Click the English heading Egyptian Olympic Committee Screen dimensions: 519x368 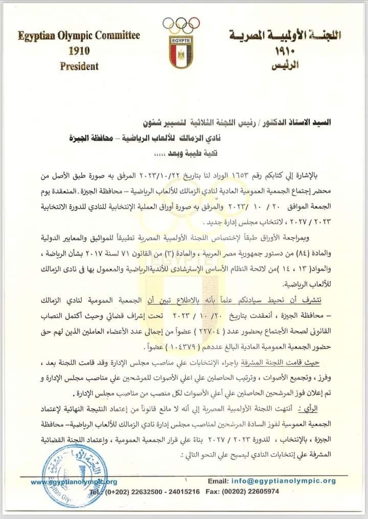pos(79,36)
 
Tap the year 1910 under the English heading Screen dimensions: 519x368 pos(79,51)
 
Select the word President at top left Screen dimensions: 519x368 pos(79,66)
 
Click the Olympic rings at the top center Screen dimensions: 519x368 pos(181,24)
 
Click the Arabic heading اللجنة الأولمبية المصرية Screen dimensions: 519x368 pos(284,37)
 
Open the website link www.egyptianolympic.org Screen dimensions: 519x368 pos(74,481)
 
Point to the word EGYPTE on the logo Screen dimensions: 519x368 pos(181,39)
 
